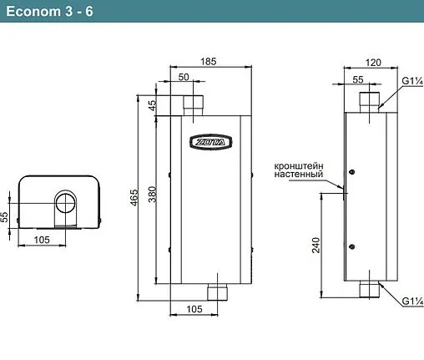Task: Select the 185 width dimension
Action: (210, 63)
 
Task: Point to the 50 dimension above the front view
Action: (183, 77)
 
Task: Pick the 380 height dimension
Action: (152, 196)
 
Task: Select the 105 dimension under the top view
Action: (43, 240)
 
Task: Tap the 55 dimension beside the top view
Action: (6, 215)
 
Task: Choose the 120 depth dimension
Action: (374, 63)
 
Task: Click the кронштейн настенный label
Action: (299, 170)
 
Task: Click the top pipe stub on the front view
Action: (194, 106)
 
